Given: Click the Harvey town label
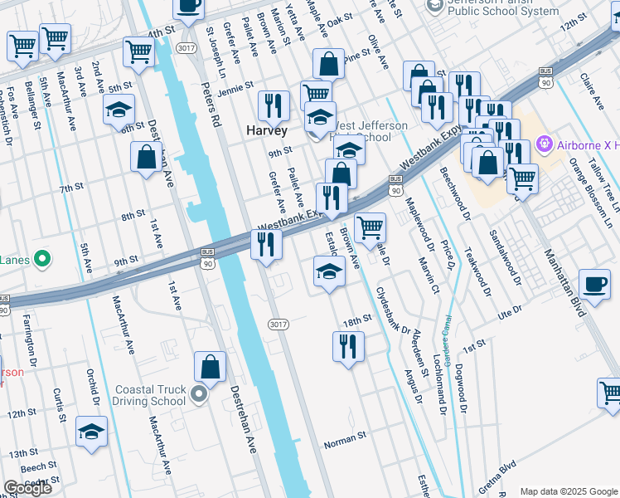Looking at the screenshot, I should (267, 131).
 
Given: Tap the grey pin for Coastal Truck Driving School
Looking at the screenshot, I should (199, 394).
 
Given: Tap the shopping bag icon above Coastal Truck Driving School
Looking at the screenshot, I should (211, 367).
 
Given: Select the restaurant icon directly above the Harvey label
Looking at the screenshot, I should (273, 105).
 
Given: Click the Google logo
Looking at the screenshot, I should (27, 488).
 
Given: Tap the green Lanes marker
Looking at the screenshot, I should (38, 260).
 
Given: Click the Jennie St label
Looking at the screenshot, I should (235, 88).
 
